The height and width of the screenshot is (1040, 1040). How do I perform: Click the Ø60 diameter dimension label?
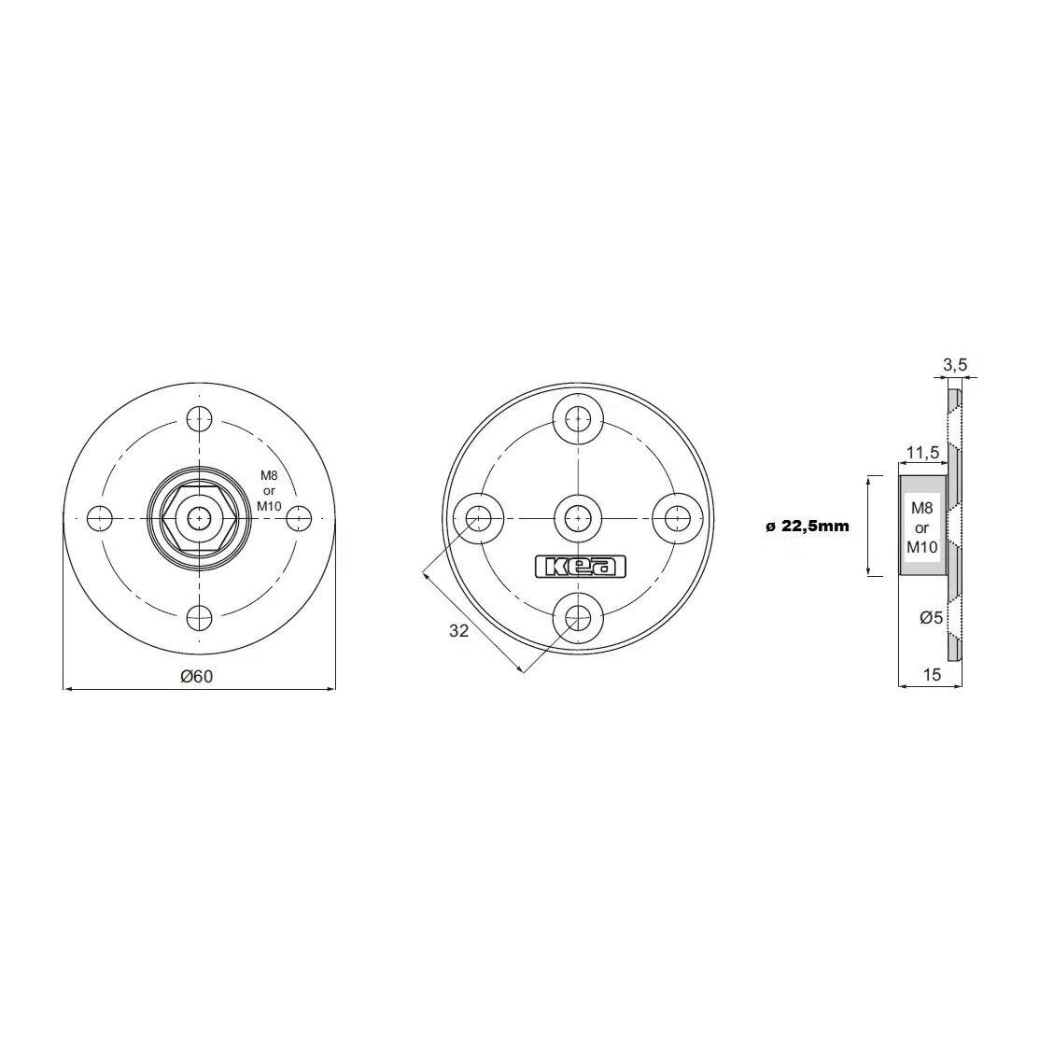(197, 677)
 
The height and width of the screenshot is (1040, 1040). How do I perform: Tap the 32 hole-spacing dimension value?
(459, 631)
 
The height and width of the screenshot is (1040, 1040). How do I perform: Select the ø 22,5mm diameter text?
(808, 527)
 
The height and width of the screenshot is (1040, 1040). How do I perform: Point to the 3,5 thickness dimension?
(955, 364)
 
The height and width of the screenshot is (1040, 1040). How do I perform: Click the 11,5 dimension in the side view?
(922, 453)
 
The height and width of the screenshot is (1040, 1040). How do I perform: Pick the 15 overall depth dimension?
(932, 675)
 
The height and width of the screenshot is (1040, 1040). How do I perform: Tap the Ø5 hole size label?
(931, 617)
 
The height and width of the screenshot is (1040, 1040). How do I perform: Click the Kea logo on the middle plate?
(581, 567)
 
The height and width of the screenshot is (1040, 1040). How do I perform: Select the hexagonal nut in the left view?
(199, 518)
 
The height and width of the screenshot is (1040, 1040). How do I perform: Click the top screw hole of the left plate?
(199, 418)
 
